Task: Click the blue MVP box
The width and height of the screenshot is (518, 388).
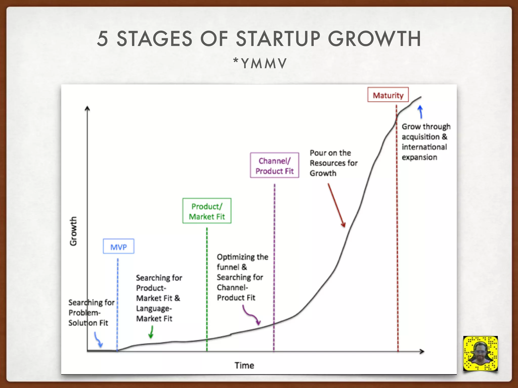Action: [x=118, y=246]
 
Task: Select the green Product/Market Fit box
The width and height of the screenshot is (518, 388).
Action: [x=207, y=211]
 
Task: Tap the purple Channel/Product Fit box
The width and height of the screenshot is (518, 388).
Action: [x=274, y=165]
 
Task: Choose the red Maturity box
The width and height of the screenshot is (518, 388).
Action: [x=388, y=95]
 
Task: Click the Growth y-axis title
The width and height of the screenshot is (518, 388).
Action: [x=73, y=231]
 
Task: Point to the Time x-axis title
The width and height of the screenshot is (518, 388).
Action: [x=244, y=365]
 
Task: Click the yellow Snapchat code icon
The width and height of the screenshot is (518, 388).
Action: [x=480, y=353]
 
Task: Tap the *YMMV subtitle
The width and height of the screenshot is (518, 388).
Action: [x=260, y=63]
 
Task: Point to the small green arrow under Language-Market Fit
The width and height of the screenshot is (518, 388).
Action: [x=151, y=332]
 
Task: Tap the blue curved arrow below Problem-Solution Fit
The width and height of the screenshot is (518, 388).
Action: [x=98, y=340]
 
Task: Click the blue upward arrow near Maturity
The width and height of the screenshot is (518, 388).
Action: [x=420, y=112]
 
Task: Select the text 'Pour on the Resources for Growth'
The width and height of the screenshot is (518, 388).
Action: [x=333, y=163]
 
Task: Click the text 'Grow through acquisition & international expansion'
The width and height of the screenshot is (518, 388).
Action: [x=426, y=142]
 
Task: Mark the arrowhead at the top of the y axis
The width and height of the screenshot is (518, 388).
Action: [x=87, y=108]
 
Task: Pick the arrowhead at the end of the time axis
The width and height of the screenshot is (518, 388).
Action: [x=422, y=351]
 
